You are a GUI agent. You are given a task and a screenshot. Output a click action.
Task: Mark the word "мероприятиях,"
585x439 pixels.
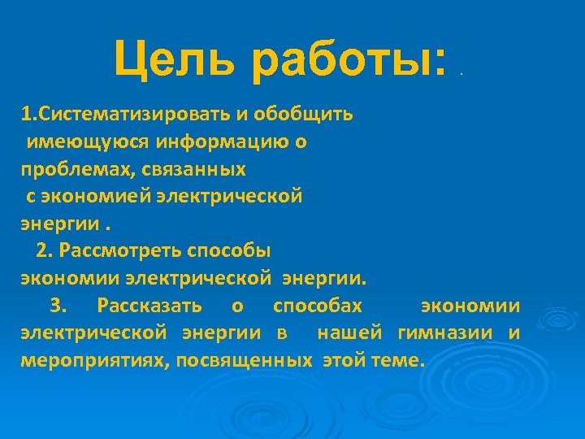[x=91, y=360]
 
